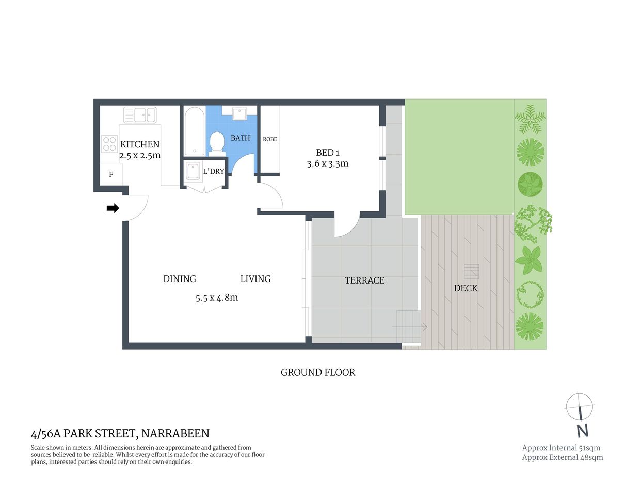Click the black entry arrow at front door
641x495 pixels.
(x=113, y=208)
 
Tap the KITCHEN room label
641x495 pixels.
(x=140, y=144)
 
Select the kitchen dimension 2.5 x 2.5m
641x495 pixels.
(x=140, y=155)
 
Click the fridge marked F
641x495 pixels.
(x=111, y=175)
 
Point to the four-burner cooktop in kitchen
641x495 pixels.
(x=109, y=143)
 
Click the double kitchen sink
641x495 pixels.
(x=140, y=114)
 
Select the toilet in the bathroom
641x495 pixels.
(x=217, y=142)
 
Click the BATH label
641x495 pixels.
(x=240, y=138)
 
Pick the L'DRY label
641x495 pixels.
(x=213, y=171)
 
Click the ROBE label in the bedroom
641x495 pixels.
(x=270, y=139)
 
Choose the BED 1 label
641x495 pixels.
(x=328, y=153)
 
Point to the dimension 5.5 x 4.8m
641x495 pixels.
(x=217, y=298)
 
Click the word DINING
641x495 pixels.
(x=180, y=279)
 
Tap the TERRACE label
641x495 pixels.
(x=364, y=280)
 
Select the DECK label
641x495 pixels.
(x=466, y=288)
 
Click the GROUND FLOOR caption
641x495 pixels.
(x=318, y=372)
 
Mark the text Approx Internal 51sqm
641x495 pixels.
(x=561, y=448)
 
